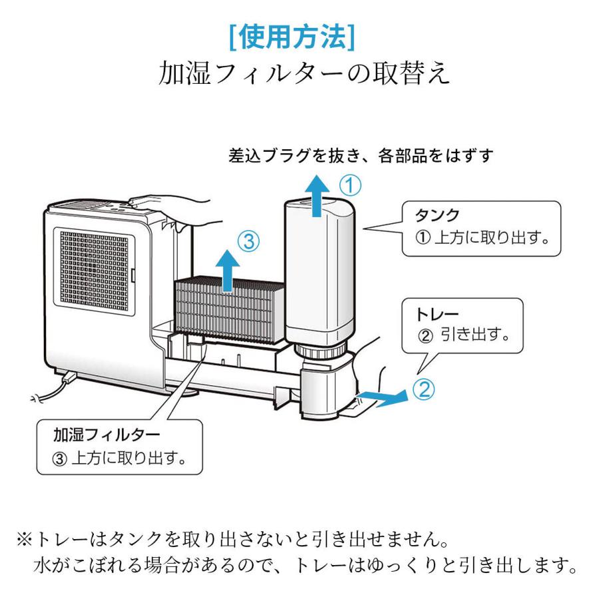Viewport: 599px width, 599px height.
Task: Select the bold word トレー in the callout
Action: [438, 313]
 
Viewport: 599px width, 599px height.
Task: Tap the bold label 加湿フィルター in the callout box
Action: [106, 435]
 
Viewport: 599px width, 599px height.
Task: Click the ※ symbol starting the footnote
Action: [30, 536]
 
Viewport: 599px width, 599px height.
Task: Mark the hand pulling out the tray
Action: [373, 373]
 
